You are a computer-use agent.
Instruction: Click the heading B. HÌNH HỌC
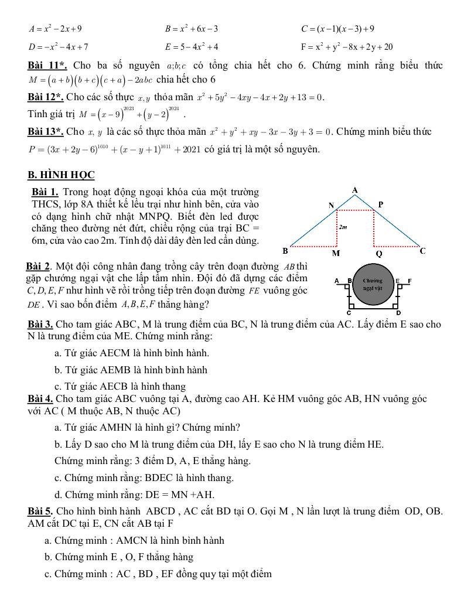coord(61,175)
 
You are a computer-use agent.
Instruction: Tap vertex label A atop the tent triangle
coord(355,190)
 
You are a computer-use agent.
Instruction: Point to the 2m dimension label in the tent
coord(343,226)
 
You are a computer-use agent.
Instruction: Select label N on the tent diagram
coord(331,205)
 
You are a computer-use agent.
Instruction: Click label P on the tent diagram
coord(380,204)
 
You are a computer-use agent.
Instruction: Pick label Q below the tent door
coord(378,253)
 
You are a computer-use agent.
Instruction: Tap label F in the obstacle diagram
coord(410,281)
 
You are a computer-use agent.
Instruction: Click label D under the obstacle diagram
coord(398,313)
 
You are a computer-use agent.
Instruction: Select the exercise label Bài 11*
coord(47,66)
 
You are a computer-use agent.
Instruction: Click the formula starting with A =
coord(55,28)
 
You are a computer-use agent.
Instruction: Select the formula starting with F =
coord(346,47)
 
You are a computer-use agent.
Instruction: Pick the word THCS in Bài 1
coord(46,204)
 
